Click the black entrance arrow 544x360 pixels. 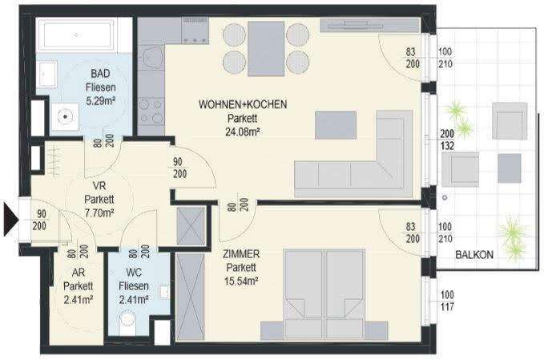10,220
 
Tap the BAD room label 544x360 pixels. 100,73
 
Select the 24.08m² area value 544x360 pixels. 243,132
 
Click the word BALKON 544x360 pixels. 474,255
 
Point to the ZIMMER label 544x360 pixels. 241,254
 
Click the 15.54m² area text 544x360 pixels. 241,281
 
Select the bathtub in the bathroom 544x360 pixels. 75,35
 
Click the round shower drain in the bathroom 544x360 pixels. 65,116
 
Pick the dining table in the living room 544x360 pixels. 266,49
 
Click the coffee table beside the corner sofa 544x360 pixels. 336,125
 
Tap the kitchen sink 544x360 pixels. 152,57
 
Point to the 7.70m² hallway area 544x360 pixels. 99,212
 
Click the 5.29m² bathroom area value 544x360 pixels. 101,101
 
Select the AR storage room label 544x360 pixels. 78,273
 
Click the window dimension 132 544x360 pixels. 447,146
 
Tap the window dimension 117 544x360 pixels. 447,307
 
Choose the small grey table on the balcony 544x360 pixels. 510,168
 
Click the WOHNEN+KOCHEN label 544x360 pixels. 243,104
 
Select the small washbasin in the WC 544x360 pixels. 164,292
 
